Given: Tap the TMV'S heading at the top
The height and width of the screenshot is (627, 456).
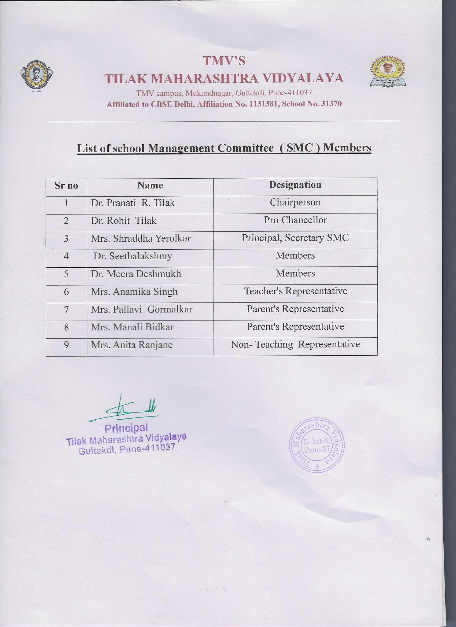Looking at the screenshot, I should tap(224, 61).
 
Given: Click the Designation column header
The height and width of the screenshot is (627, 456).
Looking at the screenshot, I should tap(295, 185).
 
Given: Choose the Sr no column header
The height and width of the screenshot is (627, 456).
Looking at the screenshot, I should tap(66, 185).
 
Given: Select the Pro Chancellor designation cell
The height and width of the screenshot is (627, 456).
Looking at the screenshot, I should tap(295, 220).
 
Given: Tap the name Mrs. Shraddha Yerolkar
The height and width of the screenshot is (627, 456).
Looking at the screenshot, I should tap(141, 238).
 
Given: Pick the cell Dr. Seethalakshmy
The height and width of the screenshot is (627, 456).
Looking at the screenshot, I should tap(133, 256).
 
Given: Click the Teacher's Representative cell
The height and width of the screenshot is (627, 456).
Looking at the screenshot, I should tap(295, 291).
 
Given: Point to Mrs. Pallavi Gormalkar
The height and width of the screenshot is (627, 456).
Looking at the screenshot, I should tap(142, 309).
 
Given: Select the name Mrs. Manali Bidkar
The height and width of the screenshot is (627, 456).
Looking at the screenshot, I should tap(132, 327).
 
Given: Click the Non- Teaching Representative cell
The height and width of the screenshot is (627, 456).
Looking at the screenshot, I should tap(295, 344).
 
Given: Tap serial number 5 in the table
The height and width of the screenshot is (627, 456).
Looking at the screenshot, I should tap(66, 274).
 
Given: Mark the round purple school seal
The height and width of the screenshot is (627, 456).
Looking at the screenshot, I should tap(317, 445).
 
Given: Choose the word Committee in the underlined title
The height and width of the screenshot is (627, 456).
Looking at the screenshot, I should tap(245, 148).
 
